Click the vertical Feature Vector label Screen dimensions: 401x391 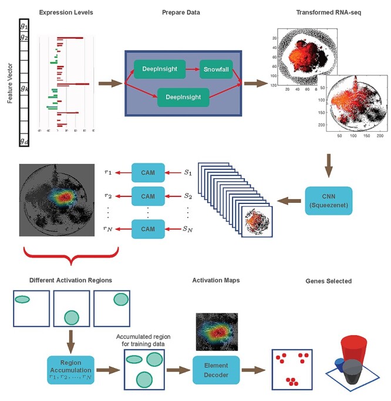(x=10, y=83)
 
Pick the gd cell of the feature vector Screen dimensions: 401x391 (x=23, y=141)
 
